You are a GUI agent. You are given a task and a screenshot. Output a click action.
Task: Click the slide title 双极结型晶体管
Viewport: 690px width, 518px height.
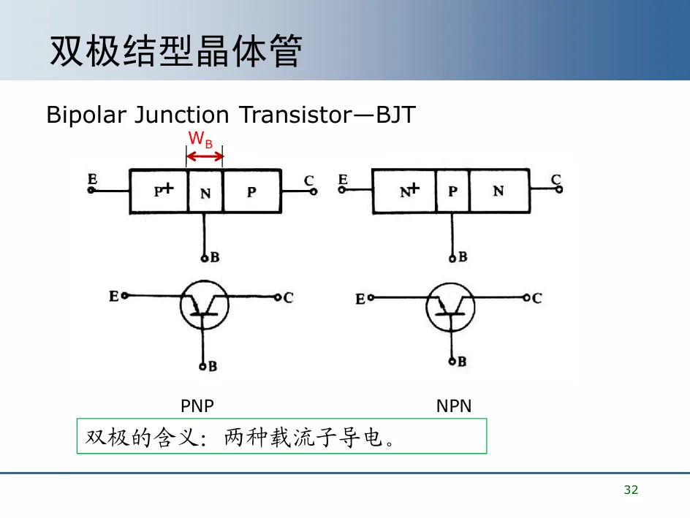tap(175, 52)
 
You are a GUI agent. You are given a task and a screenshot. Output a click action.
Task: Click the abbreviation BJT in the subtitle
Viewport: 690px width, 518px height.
tap(395, 115)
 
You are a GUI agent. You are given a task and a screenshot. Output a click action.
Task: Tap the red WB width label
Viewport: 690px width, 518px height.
tap(200, 140)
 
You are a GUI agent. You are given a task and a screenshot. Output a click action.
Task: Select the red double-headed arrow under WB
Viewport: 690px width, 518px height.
tap(205, 156)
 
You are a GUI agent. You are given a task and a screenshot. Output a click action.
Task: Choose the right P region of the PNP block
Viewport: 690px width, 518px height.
tap(252, 191)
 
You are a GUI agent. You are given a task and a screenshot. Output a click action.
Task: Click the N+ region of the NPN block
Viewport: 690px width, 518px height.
tap(404, 191)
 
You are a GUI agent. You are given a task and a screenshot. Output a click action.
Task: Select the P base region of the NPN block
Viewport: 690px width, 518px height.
tap(452, 191)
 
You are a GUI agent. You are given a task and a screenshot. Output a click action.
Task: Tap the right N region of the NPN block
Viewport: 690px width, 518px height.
tap(498, 191)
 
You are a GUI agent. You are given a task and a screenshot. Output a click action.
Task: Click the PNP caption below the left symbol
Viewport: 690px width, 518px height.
tap(197, 406)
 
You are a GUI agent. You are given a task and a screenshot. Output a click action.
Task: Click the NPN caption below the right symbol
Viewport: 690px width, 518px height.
tap(454, 406)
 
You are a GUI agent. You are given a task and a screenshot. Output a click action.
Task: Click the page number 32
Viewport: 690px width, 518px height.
tap(631, 490)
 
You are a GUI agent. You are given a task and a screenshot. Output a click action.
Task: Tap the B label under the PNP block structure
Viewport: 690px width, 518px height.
tap(213, 257)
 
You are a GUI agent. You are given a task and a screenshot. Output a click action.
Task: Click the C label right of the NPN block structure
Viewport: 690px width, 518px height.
tap(556, 179)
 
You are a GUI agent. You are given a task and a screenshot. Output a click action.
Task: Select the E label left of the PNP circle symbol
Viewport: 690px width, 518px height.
tap(114, 296)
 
